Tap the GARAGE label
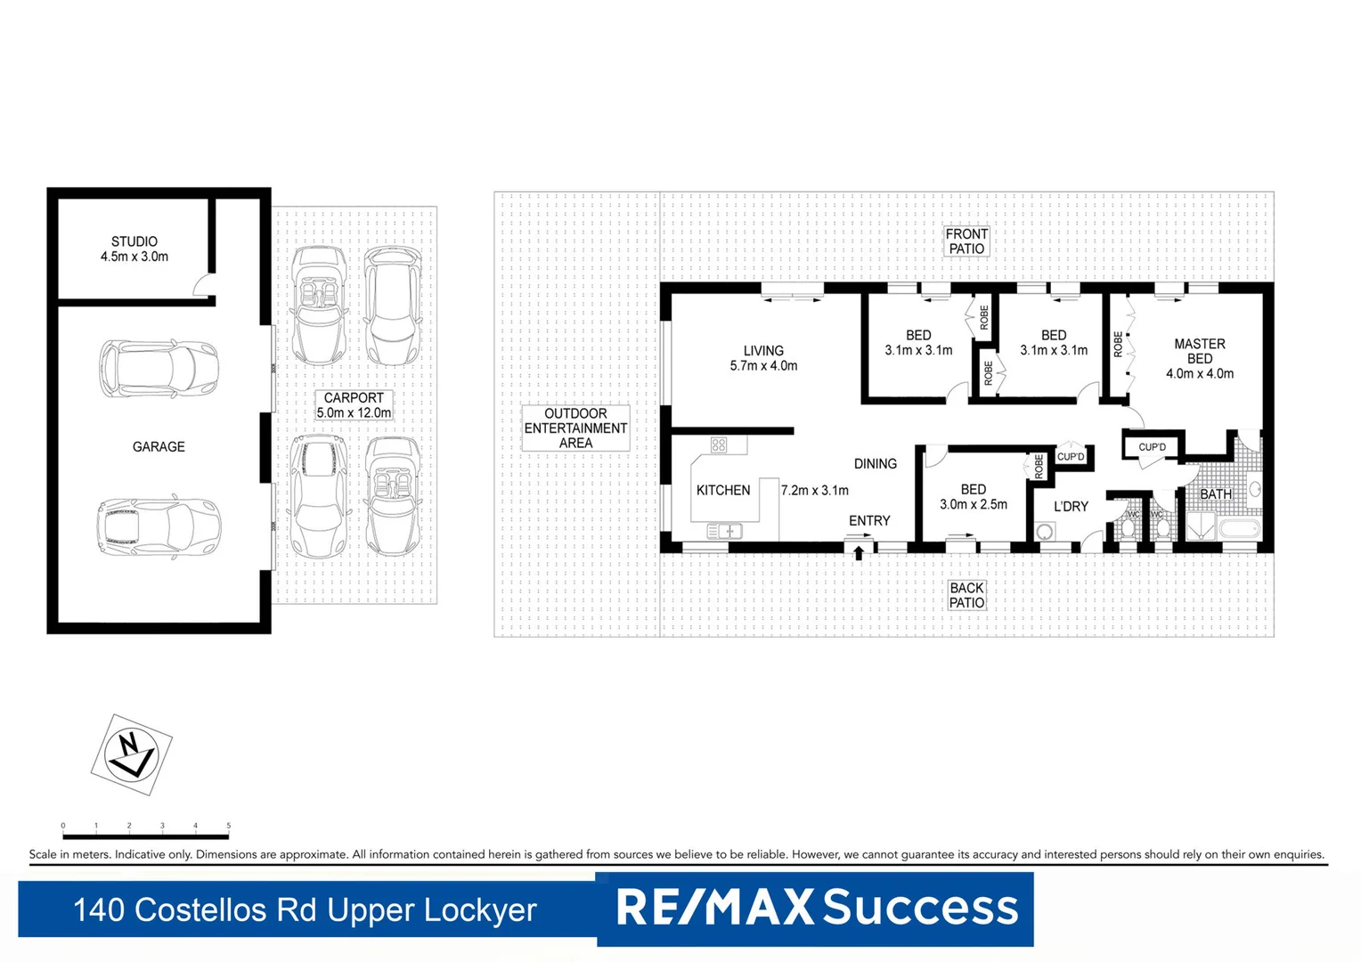159,447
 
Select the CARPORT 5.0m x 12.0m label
354,405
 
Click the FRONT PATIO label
966,241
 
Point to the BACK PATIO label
966,595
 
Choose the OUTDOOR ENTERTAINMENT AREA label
575,428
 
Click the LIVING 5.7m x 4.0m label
763,358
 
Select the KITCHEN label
723,490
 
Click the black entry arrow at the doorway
859,553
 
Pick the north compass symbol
131,754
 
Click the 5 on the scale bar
228,826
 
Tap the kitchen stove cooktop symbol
719,444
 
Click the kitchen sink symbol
724,531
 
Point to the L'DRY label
1071,506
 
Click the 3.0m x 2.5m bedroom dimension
974,504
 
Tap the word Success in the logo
920,907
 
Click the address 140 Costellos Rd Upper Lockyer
305,910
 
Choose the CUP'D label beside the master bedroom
1152,447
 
